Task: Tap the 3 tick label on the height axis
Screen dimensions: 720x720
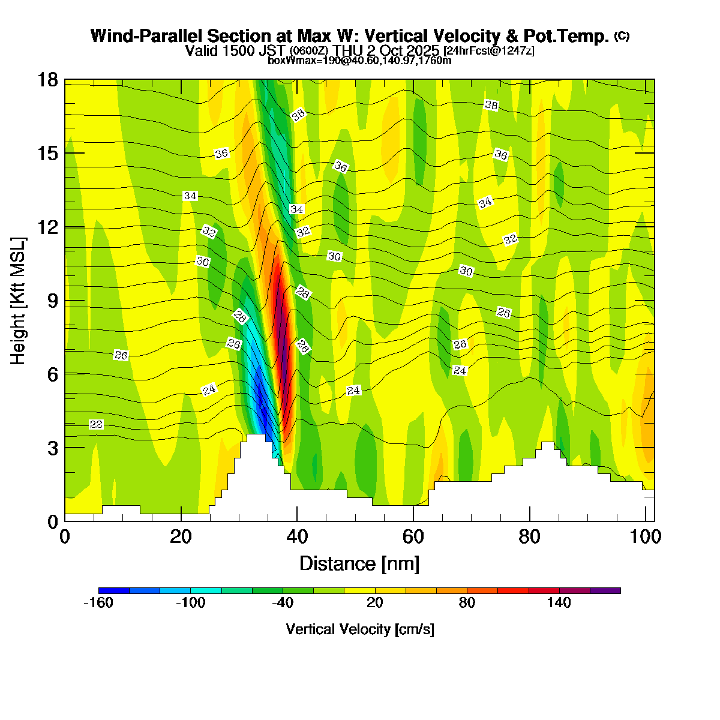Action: tap(52, 448)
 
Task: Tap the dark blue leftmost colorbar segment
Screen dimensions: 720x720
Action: tap(114, 590)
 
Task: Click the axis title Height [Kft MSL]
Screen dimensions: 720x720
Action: tap(19, 300)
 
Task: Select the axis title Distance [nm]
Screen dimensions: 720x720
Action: tap(359, 563)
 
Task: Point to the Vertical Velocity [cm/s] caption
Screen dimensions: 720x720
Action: tap(359, 629)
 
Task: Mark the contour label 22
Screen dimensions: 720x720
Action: tap(96, 425)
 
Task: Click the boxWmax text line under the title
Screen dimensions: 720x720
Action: tap(359, 61)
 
